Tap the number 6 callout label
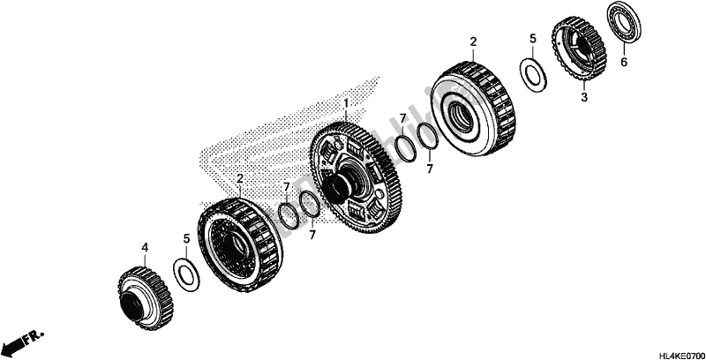624,63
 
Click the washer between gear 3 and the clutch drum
533,74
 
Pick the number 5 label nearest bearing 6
532,39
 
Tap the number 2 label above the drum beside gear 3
473,41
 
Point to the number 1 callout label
347,103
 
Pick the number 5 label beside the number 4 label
186,238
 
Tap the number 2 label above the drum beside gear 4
239,178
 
